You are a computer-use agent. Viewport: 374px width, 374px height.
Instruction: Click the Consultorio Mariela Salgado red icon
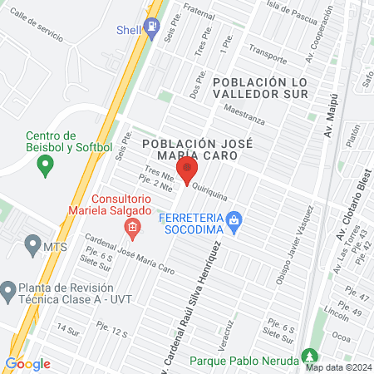coord(130,226)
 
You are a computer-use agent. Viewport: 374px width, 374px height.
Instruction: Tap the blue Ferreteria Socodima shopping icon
coord(236,220)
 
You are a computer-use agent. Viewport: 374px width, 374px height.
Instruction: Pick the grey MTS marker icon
coord(32,245)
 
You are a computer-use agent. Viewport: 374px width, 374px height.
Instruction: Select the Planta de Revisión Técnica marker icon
coord(7,291)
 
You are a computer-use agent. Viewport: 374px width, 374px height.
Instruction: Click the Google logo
coord(27,363)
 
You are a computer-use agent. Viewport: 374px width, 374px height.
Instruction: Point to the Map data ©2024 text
coord(337,367)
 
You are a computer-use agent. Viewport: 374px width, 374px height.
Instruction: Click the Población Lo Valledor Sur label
coord(259,87)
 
